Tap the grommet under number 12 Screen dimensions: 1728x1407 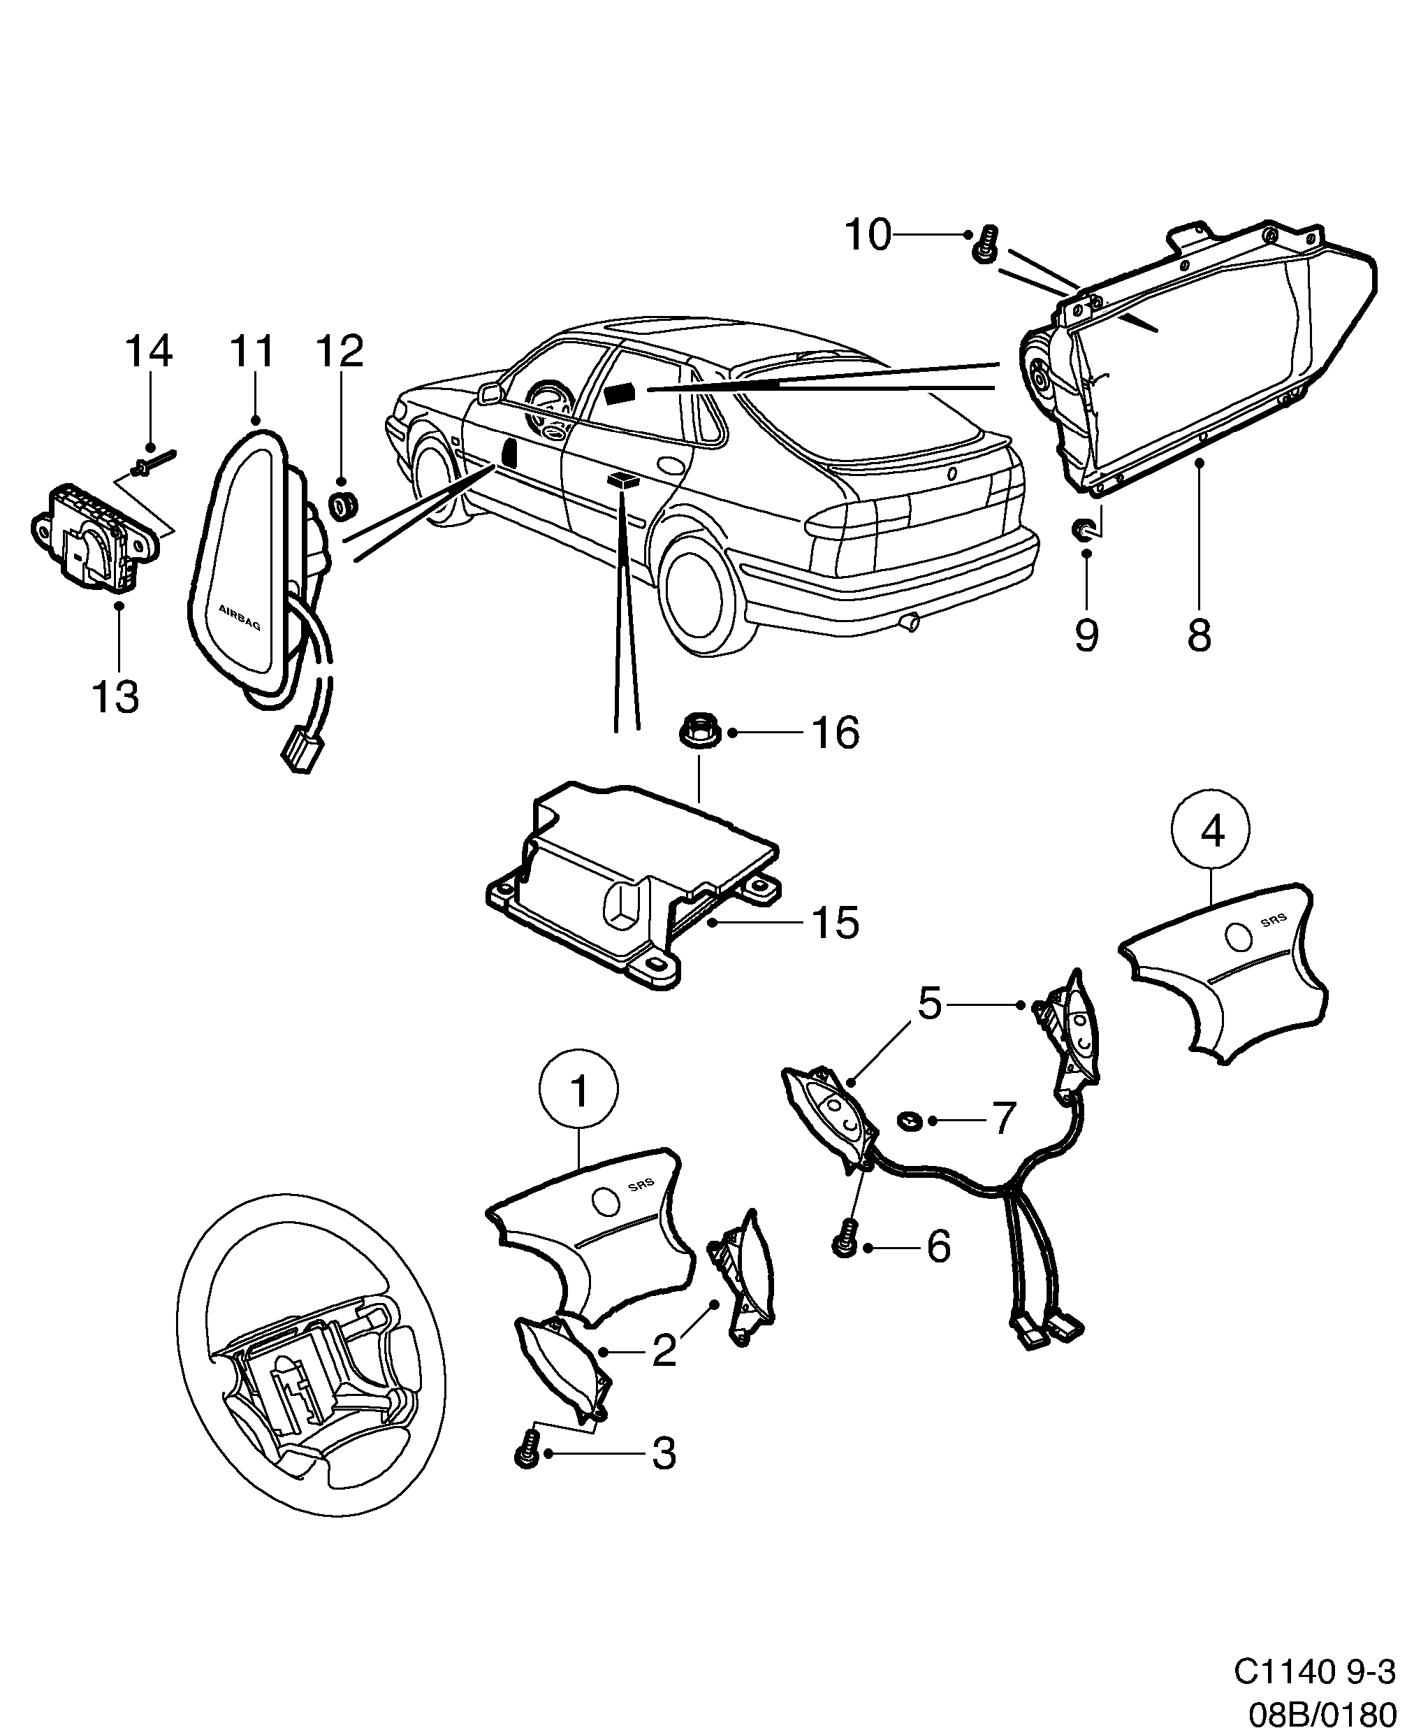point(344,506)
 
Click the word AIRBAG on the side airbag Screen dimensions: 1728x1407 point(240,618)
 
